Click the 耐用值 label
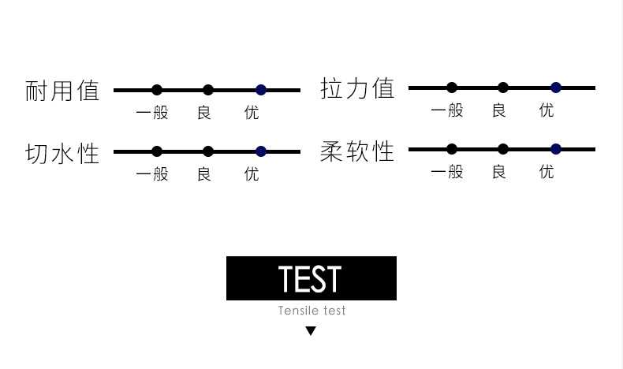point(62,91)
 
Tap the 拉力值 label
point(357,88)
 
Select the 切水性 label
point(62,152)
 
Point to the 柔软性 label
point(357,150)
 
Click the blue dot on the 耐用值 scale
point(261,90)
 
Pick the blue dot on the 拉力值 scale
point(556,88)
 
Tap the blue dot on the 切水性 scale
point(261,151)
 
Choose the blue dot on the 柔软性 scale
point(556,149)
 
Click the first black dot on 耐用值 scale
point(157,90)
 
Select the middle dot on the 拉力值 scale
point(503,88)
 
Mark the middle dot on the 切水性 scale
point(208,151)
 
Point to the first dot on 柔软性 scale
point(452,149)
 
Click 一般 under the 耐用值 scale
point(152,113)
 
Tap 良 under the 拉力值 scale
point(498,110)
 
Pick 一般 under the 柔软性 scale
point(447,172)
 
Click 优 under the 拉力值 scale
point(547,110)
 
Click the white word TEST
point(311,279)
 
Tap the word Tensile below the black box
point(297,311)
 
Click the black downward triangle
point(311,331)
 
